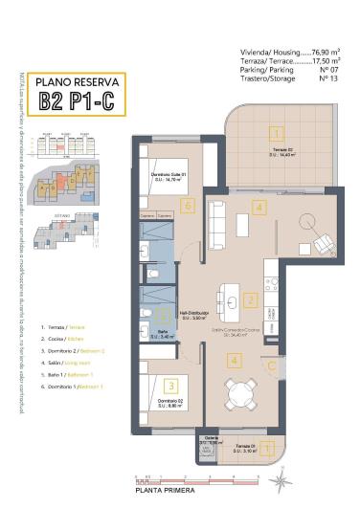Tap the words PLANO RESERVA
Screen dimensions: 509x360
pyautogui.click(x=74, y=83)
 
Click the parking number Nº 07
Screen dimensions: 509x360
pyautogui.click(x=328, y=69)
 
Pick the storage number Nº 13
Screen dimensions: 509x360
pyautogui.click(x=328, y=77)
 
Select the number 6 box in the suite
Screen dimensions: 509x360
pyautogui.click(x=189, y=205)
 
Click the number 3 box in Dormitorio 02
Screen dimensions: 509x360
pyautogui.click(x=170, y=386)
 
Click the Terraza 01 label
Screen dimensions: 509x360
pyautogui.click(x=245, y=447)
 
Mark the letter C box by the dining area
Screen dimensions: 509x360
pyautogui.click(x=272, y=365)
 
